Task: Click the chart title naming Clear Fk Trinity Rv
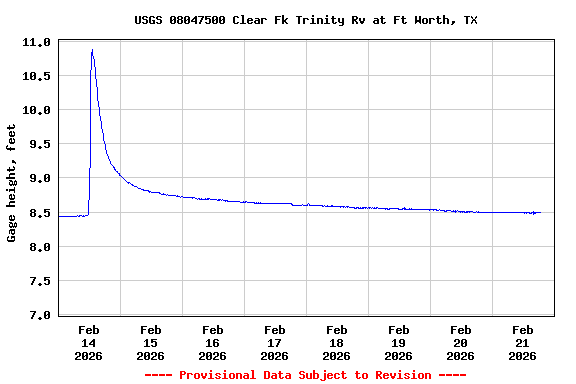point(306,20)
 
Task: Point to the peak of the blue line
point(92,50)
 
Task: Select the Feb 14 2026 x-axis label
point(88,342)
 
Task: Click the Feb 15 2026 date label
point(150,342)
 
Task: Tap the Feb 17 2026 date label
point(274,342)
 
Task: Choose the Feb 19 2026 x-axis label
point(398,342)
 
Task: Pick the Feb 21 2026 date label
point(522,342)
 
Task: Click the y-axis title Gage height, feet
point(12,183)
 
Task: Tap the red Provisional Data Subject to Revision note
point(305,375)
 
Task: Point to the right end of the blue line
point(540,212)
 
